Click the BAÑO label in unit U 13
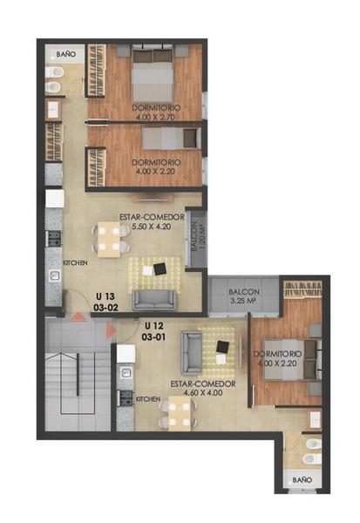65,54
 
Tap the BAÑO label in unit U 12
302,480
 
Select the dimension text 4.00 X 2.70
155,117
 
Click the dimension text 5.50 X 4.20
152,227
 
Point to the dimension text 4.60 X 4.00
203,392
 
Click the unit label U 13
105,296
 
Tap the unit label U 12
153,325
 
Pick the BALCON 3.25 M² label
244,296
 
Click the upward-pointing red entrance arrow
78,317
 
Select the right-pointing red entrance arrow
111,330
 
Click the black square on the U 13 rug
160,268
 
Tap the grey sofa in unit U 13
153,300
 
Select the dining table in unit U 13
109,240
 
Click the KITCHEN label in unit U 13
76,263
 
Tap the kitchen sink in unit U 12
126,372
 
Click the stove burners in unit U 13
54,238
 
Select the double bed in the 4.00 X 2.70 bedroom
153,75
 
